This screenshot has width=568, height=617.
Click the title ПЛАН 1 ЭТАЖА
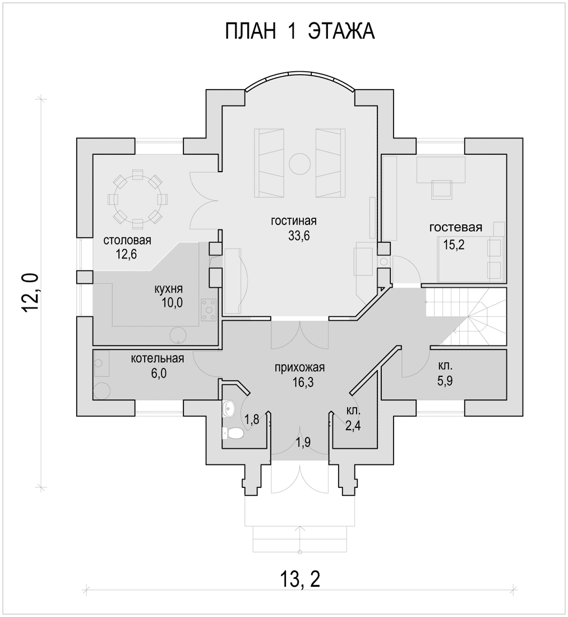click(300, 31)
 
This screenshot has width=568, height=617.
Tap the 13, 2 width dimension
click(300, 579)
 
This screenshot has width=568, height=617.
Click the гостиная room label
click(293, 221)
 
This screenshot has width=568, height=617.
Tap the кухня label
click(168, 289)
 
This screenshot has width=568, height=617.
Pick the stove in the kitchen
click(209, 310)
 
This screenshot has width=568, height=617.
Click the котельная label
click(158, 358)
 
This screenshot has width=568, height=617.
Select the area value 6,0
click(159, 373)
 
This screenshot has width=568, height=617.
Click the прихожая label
click(300, 367)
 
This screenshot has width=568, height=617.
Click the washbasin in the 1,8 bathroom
click(229, 408)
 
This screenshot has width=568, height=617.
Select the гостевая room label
click(456, 227)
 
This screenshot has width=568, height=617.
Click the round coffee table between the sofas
click(300, 163)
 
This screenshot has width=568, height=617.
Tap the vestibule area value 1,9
click(303, 442)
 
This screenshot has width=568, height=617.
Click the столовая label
click(127, 240)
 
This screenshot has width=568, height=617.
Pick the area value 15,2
click(454, 245)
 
